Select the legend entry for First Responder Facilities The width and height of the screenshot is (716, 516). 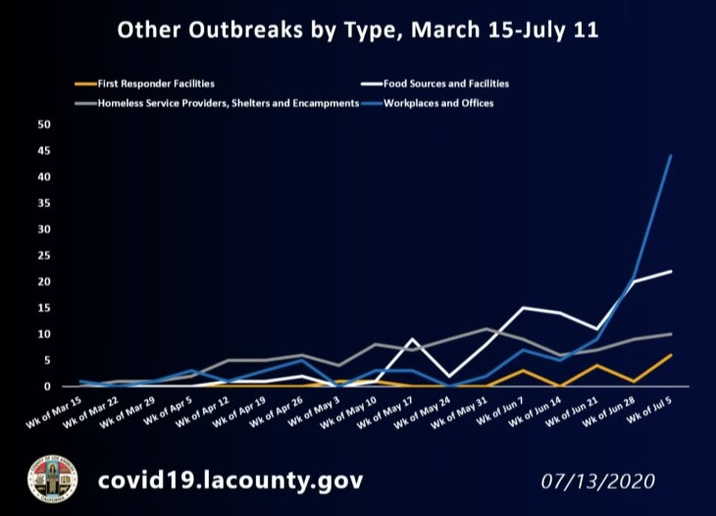pyautogui.click(x=156, y=83)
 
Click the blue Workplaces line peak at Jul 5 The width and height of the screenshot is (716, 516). pyautogui.click(x=671, y=155)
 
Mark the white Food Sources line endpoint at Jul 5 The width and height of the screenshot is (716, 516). pyautogui.click(x=671, y=271)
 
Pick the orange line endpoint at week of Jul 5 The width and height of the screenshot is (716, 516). pyautogui.click(x=671, y=355)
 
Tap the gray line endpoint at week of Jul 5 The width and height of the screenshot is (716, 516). pyautogui.click(x=671, y=334)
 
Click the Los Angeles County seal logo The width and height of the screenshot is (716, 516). pyautogui.click(x=52, y=480)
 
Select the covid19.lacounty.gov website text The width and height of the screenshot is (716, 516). pyautogui.click(x=230, y=481)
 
